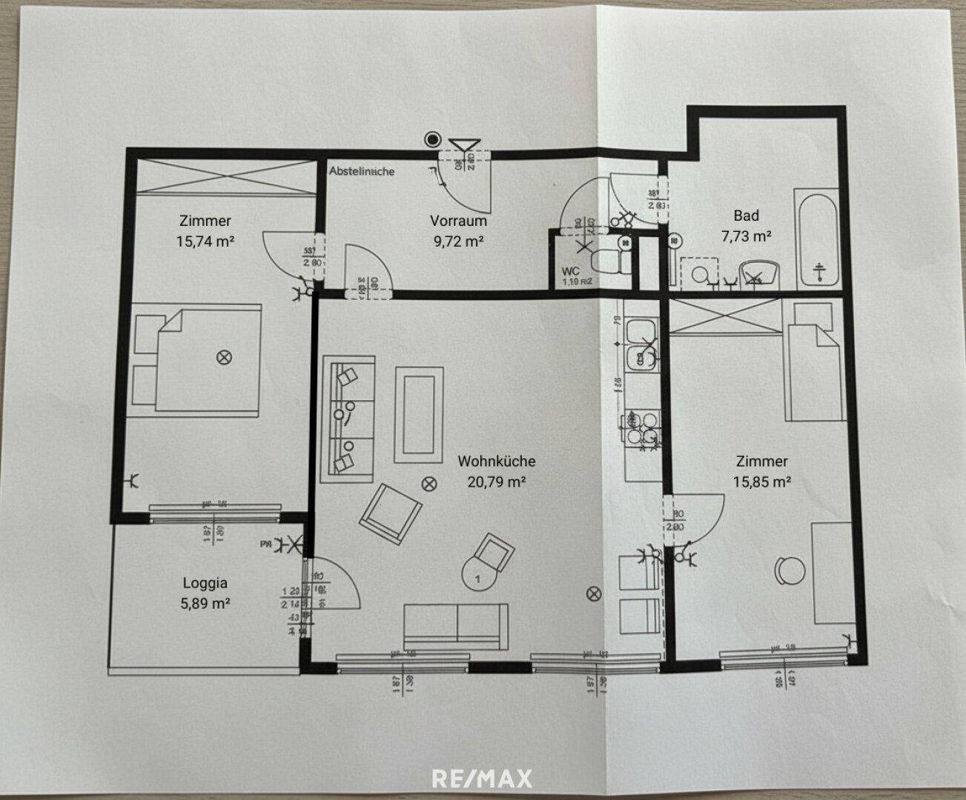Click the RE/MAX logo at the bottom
click(x=482, y=779)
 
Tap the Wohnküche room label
click(x=496, y=461)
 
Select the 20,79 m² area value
click(x=496, y=481)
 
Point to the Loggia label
click(x=205, y=583)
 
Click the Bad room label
click(x=746, y=216)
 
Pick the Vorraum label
click(x=458, y=221)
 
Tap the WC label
click(x=571, y=271)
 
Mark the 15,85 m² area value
click(x=761, y=481)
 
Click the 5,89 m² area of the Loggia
click(x=205, y=603)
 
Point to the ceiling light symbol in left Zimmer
click(x=222, y=357)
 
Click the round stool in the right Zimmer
click(x=790, y=572)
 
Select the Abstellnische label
click(x=362, y=171)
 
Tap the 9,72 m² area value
click(x=458, y=240)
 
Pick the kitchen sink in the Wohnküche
click(x=640, y=344)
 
